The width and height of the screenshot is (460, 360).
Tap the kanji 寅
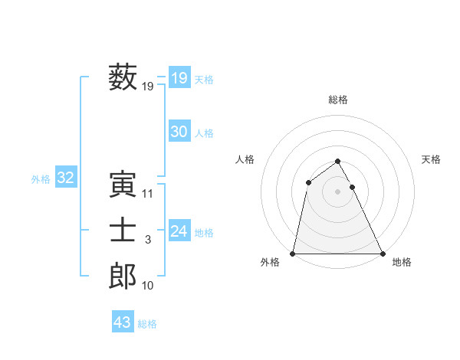(123, 185)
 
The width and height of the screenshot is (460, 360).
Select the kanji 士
(123, 231)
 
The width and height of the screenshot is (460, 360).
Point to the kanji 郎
(123, 277)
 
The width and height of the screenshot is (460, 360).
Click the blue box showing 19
(179, 77)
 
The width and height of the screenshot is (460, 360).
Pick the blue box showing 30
(179, 132)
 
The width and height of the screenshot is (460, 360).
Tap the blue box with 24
(179, 231)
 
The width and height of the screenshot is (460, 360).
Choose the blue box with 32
(65, 178)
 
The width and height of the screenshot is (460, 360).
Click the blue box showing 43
(123, 322)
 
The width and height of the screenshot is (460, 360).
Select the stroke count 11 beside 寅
(148, 194)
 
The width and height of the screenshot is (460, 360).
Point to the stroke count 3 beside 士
(148, 241)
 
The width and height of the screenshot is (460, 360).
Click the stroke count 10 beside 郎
(148, 286)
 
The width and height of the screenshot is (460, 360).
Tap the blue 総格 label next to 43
(148, 324)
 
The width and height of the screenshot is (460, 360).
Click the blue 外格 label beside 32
(41, 179)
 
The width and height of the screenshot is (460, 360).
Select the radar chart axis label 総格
(337, 100)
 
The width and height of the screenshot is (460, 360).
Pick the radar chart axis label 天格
(432, 159)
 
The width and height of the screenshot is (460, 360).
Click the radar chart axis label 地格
(402, 262)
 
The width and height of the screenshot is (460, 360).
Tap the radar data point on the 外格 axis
(293, 254)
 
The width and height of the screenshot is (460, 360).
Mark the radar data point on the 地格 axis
(382, 254)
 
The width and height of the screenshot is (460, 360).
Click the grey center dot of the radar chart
(337, 191)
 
